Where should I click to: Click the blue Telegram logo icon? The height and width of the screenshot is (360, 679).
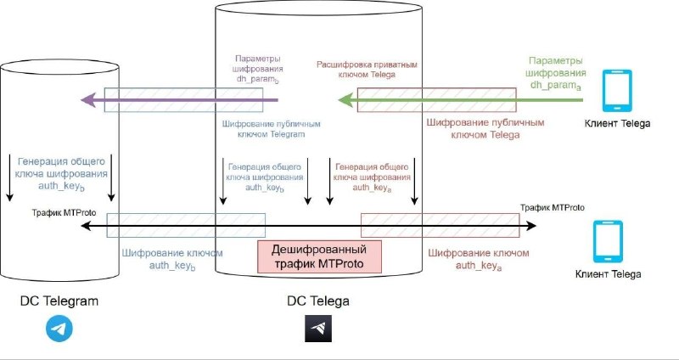(x=59, y=329)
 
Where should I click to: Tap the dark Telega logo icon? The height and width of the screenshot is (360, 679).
(x=318, y=329)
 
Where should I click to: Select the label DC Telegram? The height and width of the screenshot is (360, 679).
(x=60, y=301)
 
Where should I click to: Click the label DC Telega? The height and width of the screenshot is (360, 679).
(x=318, y=301)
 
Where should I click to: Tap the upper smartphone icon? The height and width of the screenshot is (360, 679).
(x=616, y=91)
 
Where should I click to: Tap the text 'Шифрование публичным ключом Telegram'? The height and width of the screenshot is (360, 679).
(x=262, y=128)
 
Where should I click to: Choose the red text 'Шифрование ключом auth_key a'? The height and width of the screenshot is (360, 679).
(x=478, y=259)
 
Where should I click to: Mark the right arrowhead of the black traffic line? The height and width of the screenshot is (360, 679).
(x=531, y=226)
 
